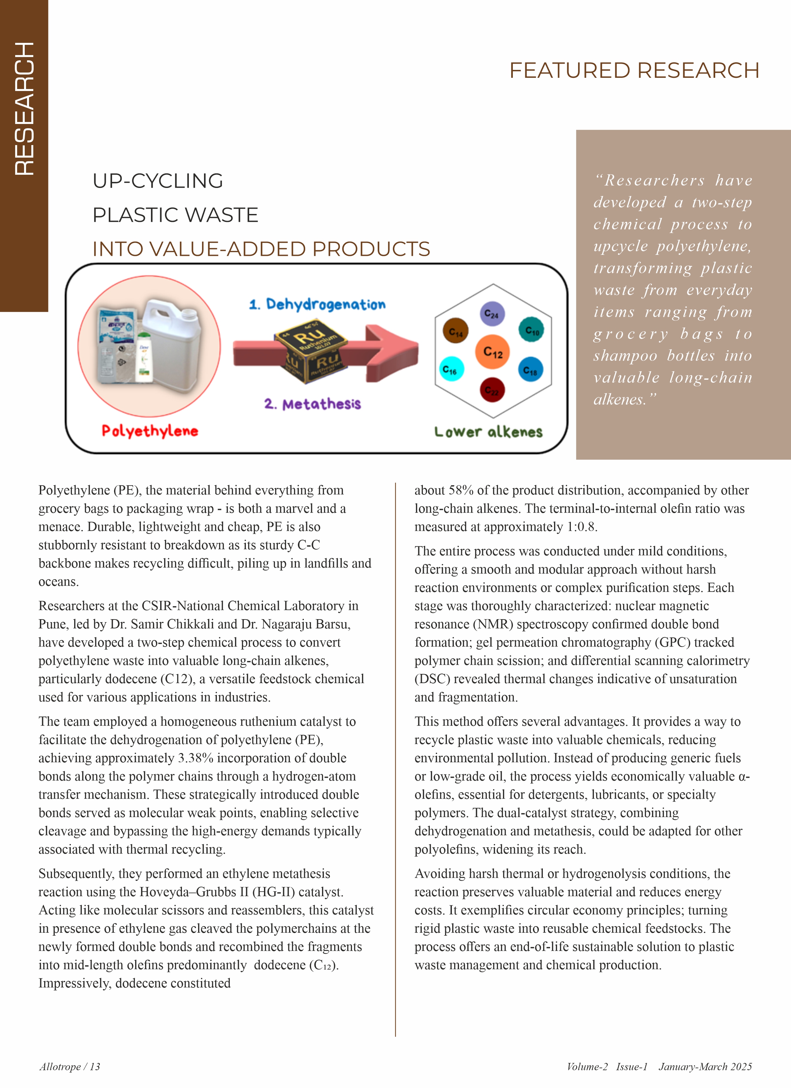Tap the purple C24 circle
pyautogui.click(x=492, y=314)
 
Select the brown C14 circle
pyautogui.click(x=455, y=331)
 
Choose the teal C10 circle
pyautogui.click(x=532, y=330)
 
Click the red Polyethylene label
pyautogui.click(x=150, y=431)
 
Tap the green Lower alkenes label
pyautogui.click(x=488, y=432)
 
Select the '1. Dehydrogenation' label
pyautogui.click(x=317, y=304)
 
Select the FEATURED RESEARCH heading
pyautogui.click(x=634, y=71)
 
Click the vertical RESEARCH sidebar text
pyautogui.click(x=24, y=108)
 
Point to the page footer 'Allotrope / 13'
pyautogui.click(x=70, y=1067)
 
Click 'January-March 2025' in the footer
pyautogui.click(x=705, y=1067)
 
